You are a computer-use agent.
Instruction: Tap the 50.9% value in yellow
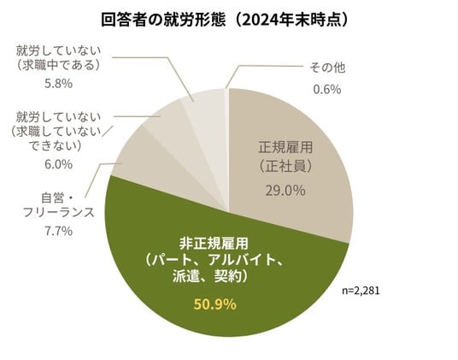point(215,304)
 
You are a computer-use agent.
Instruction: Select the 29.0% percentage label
point(285,191)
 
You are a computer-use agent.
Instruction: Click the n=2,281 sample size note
point(361,291)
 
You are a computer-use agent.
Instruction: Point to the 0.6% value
point(327,89)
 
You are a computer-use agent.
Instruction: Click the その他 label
point(327,68)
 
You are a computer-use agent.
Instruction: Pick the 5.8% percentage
point(58,84)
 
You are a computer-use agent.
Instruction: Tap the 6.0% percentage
point(58,164)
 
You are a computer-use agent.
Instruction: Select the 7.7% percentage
point(58,231)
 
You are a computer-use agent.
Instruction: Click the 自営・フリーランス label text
point(59,205)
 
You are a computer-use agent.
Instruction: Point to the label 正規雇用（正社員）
point(285,157)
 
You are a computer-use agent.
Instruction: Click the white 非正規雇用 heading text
point(214,244)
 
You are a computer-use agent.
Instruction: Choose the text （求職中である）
point(56,65)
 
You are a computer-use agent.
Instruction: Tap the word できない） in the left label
point(56,146)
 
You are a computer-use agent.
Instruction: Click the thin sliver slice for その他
point(226,146)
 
